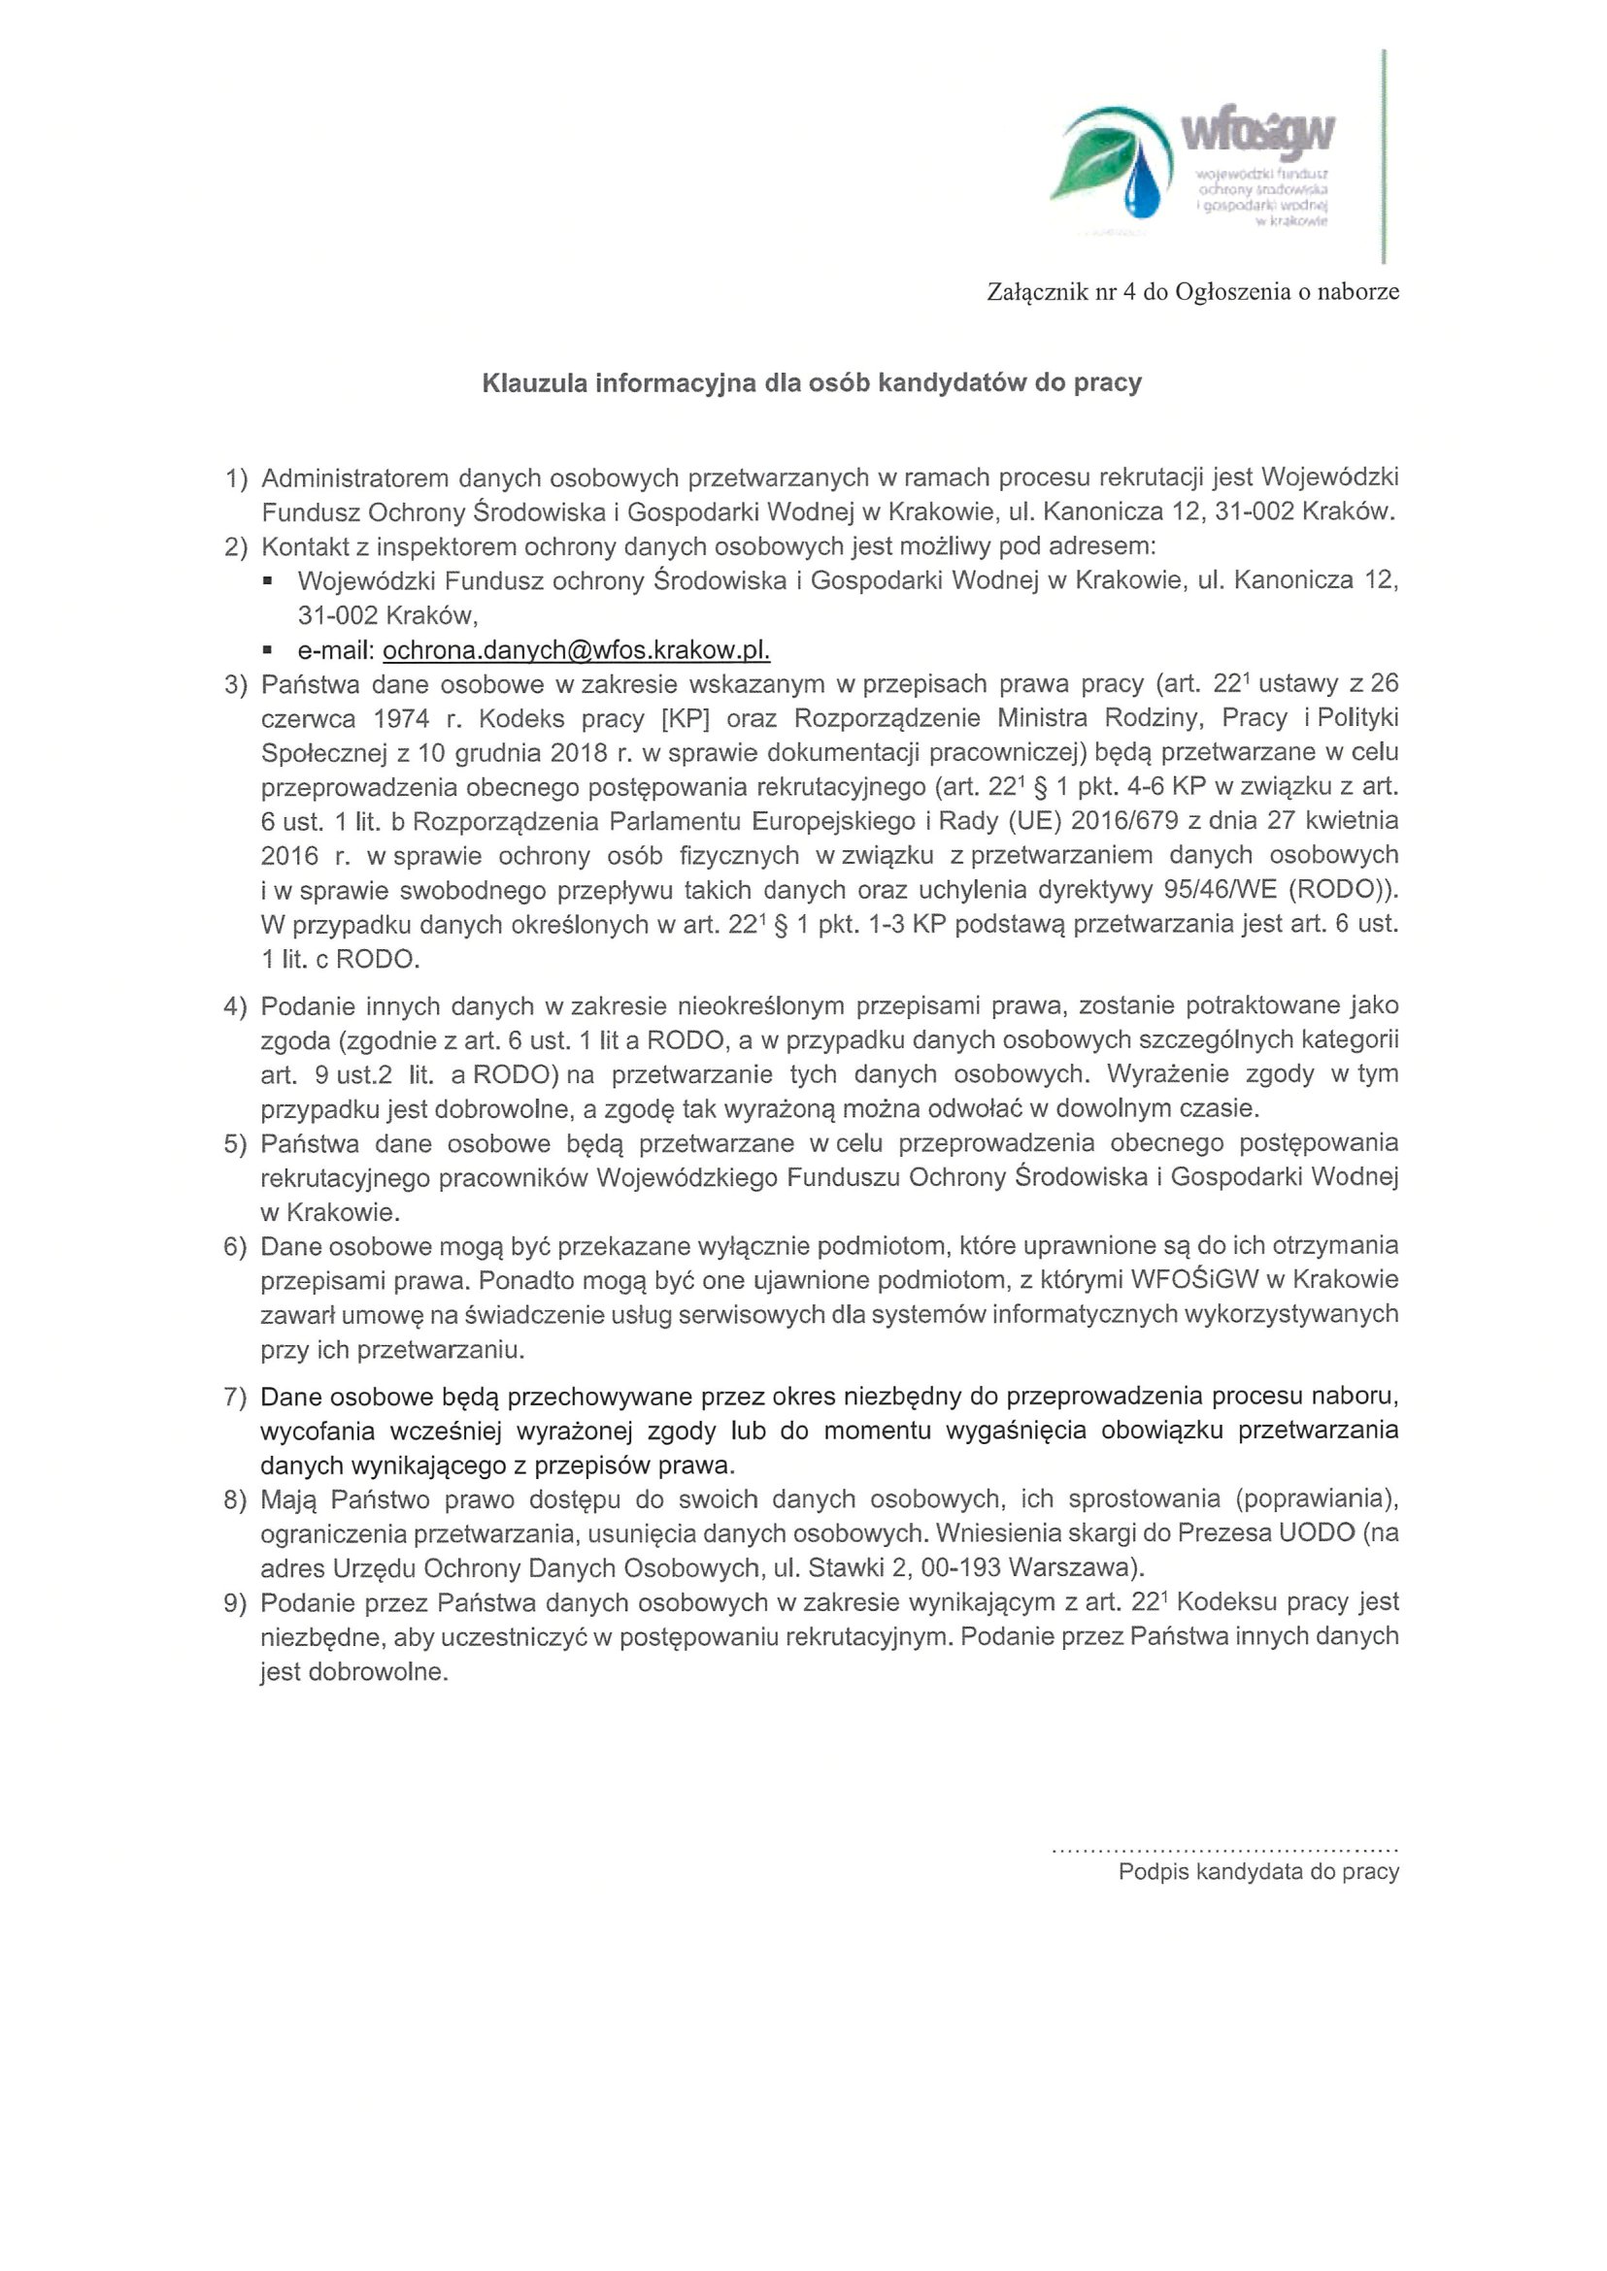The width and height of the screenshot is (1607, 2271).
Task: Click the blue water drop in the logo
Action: pyautogui.click(x=1142, y=185)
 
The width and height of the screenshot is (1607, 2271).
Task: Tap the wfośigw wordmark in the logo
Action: pyautogui.click(x=1257, y=133)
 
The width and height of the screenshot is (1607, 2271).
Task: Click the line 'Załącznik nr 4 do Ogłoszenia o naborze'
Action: pyautogui.click(x=1192, y=292)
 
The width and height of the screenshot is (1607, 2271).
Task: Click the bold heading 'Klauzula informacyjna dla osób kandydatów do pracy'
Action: pyautogui.click(x=812, y=382)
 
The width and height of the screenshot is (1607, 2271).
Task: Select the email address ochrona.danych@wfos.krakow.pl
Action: pyautogui.click(x=576, y=650)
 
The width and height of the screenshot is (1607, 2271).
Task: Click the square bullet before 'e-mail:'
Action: pyautogui.click(x=267, y=651)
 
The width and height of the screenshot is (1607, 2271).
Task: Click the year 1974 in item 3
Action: pyautogui.click(x=402, y=718)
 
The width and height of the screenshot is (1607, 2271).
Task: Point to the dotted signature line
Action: pyautogui.click(x=1224, y=1848)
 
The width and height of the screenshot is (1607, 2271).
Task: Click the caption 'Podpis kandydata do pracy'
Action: pyautogui.click(x=1257, y=1871)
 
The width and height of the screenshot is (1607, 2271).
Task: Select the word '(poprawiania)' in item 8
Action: pyautogui.click(x=1316, y=1499)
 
